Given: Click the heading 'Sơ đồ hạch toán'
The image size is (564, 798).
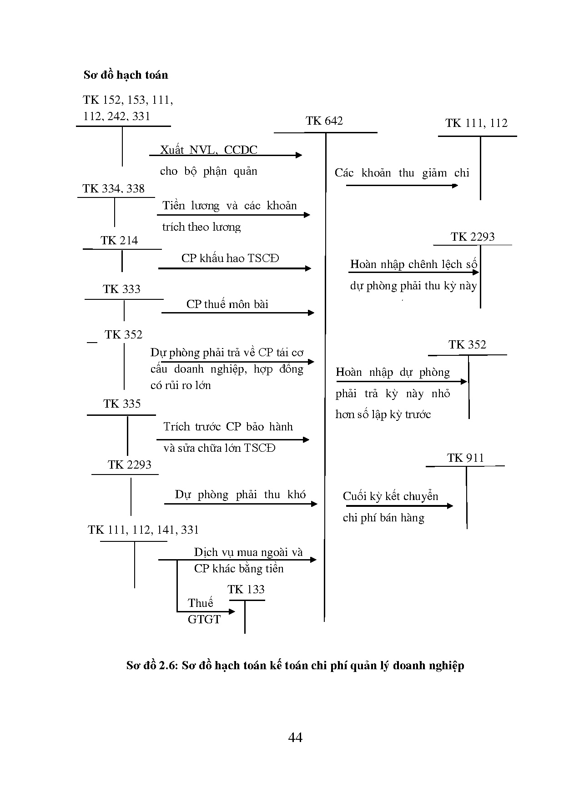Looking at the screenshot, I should tap(126, 75).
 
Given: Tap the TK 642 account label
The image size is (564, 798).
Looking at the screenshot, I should tap(324, 121).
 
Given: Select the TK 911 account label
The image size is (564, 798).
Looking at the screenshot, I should tap(465, 458).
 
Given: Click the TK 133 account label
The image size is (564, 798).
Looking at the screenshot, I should tap(246, 590).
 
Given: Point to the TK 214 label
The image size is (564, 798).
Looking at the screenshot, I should tap(119, 241).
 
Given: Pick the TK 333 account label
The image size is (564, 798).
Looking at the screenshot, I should tap(121, 289).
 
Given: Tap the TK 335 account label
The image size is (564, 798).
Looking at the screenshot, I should tap(122, 404).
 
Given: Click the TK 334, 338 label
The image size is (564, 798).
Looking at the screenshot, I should tap(114, 189).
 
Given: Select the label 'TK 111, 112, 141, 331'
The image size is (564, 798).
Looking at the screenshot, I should tap(143, 530).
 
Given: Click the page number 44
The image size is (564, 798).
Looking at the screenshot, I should tap(295, 737).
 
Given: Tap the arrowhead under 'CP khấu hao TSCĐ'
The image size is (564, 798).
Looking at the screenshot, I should tap(308, 268).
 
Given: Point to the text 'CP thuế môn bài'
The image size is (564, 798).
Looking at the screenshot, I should tap(227, 304).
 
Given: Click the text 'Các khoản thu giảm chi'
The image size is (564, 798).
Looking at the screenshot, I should tap(402, 173).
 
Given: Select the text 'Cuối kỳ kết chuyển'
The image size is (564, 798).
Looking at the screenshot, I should tap(390, 496).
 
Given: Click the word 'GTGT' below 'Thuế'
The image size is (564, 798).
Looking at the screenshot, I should tap(204, 620).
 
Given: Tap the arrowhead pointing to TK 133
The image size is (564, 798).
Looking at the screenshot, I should tap(232, 611).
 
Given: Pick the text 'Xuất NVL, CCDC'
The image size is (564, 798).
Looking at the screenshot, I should tap(209, 150).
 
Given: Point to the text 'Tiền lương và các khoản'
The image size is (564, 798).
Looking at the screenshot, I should tap(230, 206).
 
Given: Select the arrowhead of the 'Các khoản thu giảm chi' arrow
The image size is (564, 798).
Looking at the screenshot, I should tap(455, 186).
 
